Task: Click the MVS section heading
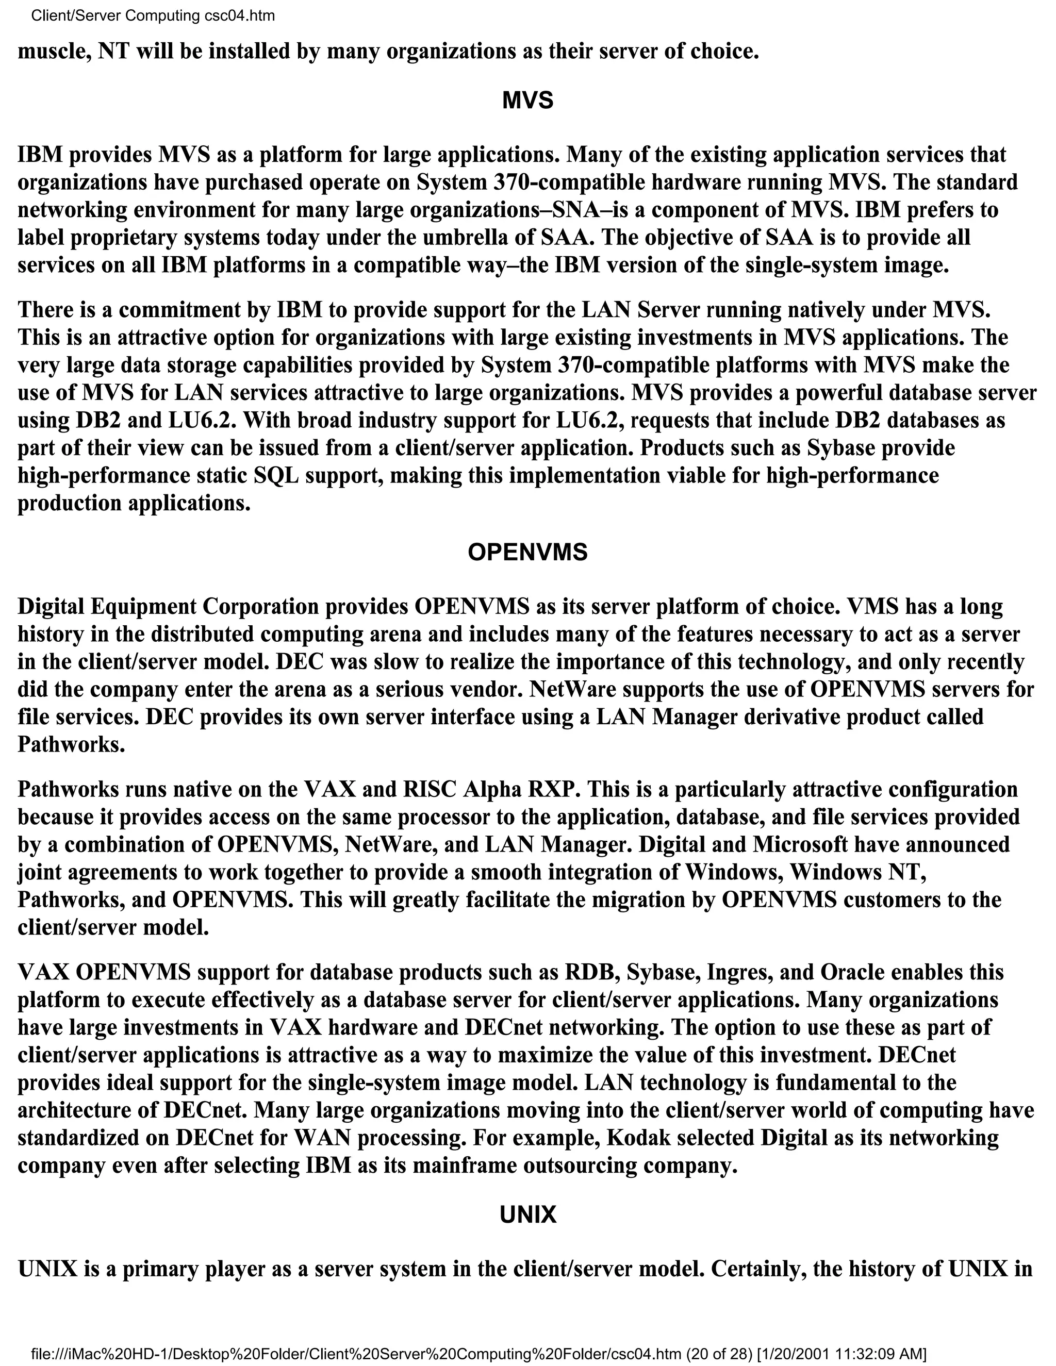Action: pyautogui.click(x=527, y=101)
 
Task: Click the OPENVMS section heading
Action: pyautogui.click(x=527, y=552)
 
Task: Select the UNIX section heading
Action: pyautogui.click(x=527, y=1214)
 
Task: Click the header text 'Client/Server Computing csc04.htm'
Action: pyautogui.click(x=153, y=15)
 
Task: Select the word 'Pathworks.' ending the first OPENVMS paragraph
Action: pyautogui.click(x=71, y=744)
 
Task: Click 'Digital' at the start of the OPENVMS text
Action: pyautogui.click(x=51, y=607)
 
